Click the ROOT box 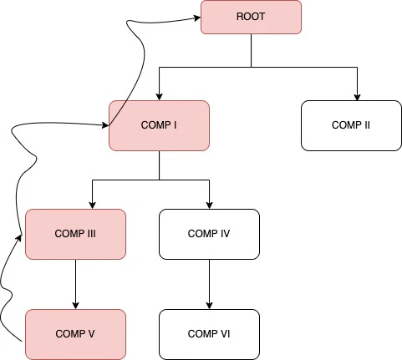click(251, 18)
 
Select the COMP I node click(159, 125)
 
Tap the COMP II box click(351, 125)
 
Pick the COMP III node click(75, 234)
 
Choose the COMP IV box click(209, 234)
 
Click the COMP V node click(75, 334)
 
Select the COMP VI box click(209, 334)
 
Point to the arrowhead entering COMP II click(359, 95)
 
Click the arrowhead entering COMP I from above click(159, 95)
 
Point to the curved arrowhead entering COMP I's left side click(104, 126)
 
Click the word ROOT click(251, 17)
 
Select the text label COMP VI click(209, 334)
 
